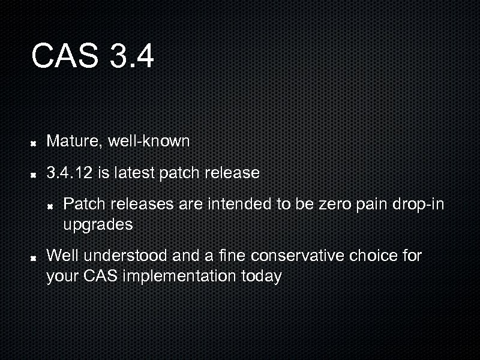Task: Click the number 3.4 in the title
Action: point(132,56)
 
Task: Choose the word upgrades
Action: point(98,226)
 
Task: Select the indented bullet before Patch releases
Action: point(52,206)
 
